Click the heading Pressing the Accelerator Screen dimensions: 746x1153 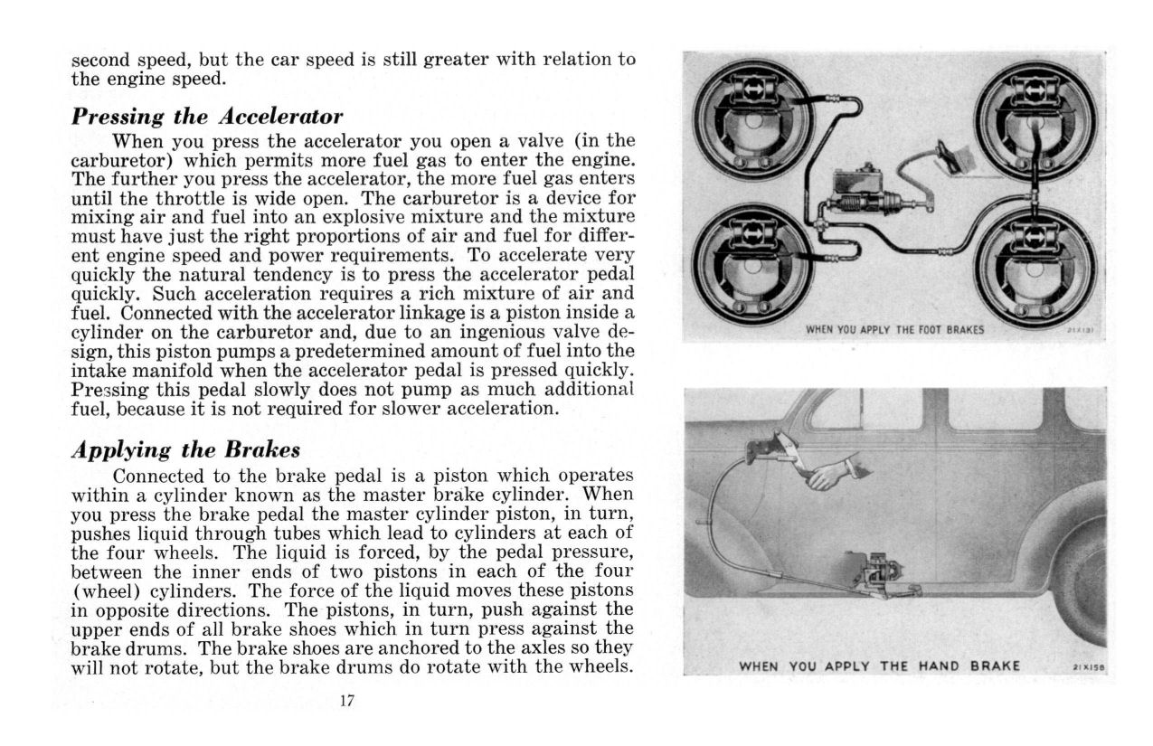coord(207,117)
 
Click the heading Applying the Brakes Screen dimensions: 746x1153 coord(185,449)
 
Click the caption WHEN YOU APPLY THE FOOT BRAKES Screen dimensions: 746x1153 coord(893,330)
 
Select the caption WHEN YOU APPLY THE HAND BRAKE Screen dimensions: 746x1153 coord(879,666)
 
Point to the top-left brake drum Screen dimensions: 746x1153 coord(752,118)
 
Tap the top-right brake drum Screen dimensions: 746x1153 coord(1036,118)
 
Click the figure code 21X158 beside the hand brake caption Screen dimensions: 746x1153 coord(1087,667)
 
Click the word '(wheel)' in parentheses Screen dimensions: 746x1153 coord(103,591)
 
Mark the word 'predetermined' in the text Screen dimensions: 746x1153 coord(319,351)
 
